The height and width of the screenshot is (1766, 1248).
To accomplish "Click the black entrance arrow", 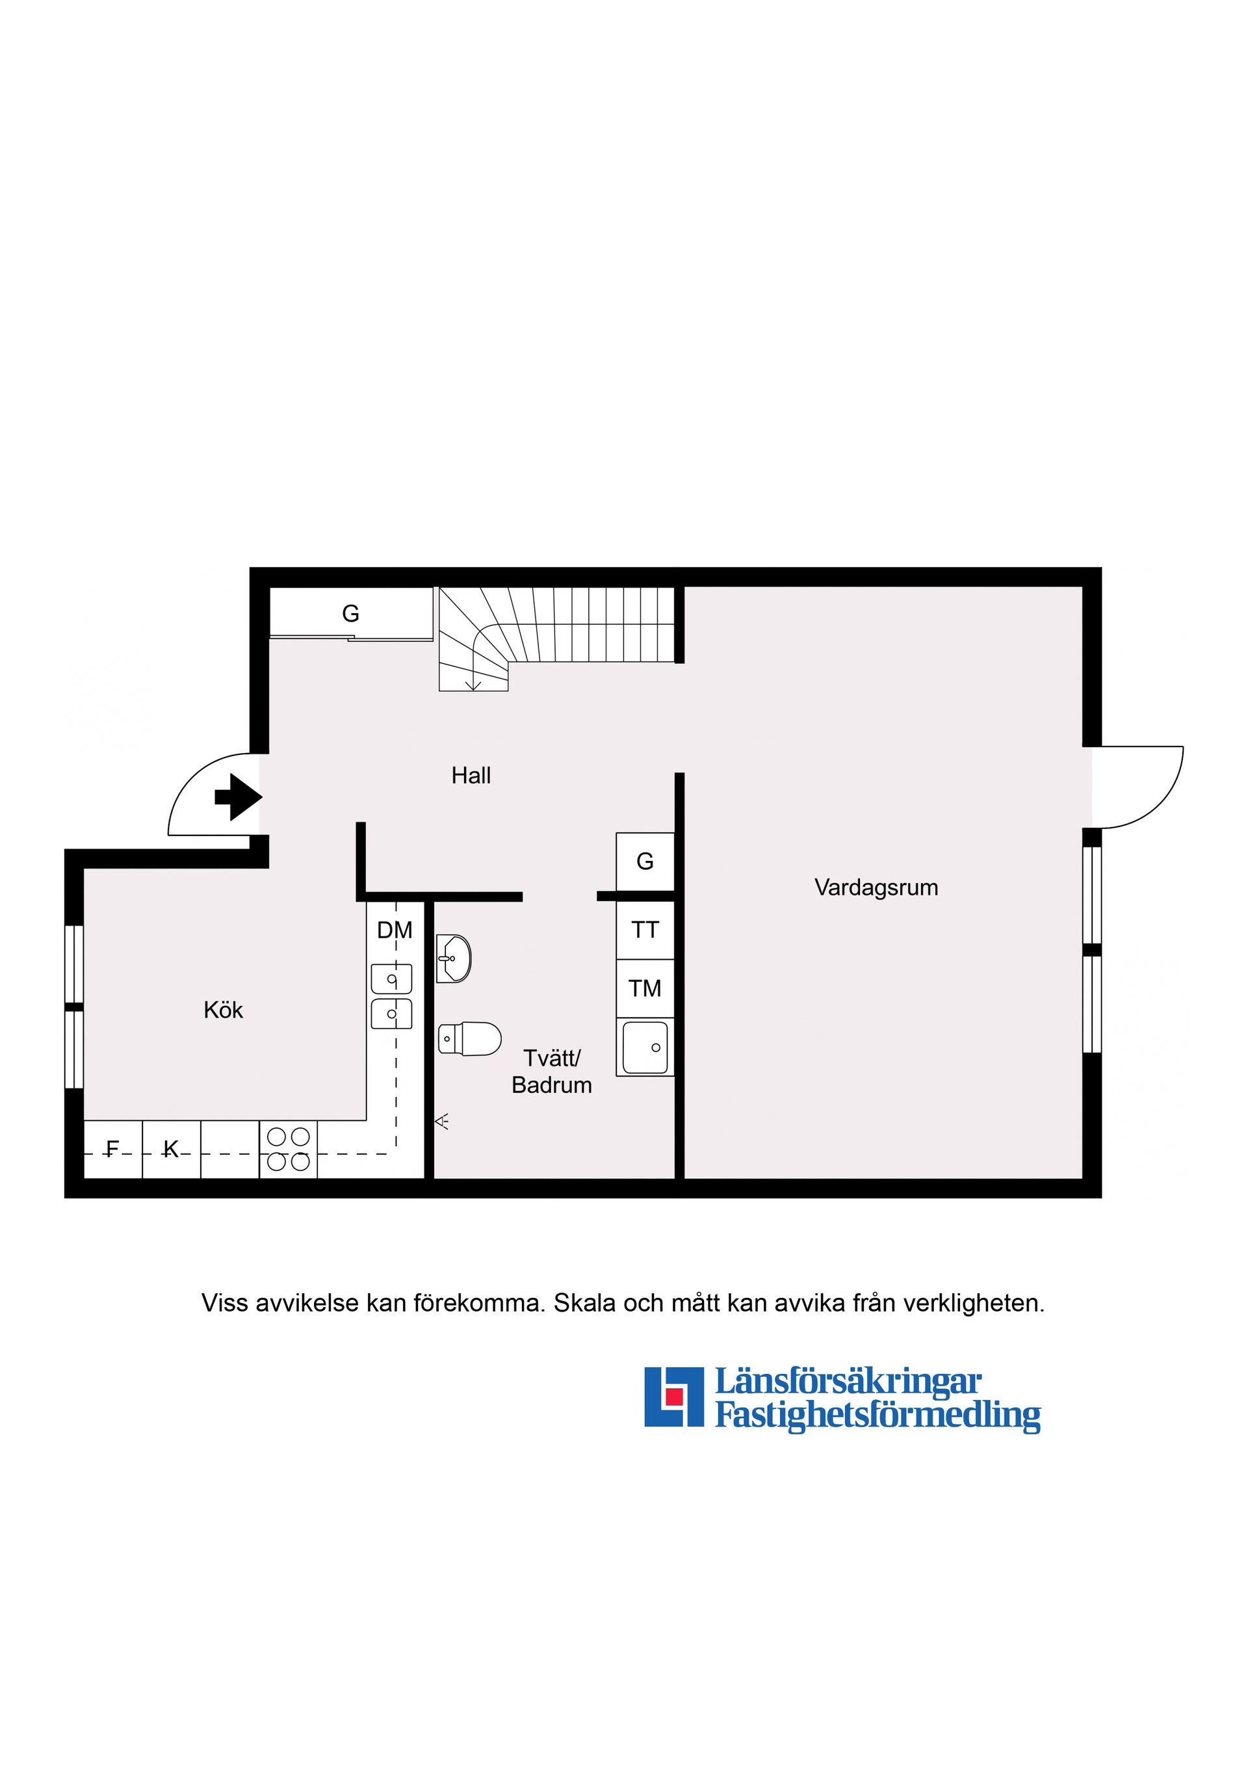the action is pyautogui.click(x=239, y=797).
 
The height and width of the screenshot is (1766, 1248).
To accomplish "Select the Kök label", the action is pyautogui.click(x=223, y=1010).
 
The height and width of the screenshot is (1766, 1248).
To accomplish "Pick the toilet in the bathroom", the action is pyautogui.click(x=469, y=1039).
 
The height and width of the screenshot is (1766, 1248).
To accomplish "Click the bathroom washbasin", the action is pyautogui.click(x=454, y=958).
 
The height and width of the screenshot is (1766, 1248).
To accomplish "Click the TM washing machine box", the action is pyautogui.click(x=645, y=988).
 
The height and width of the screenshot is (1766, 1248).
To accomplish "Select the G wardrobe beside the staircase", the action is pyautogui.click(x=350, y=613).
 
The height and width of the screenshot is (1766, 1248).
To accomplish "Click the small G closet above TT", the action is pyautogui.click(x=645, y=862).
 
